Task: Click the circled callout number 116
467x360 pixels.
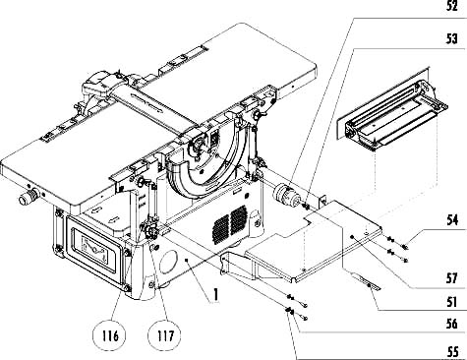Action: point(110,336)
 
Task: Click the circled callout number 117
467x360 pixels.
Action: point(165,336)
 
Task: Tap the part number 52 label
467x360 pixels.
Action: point(452,7)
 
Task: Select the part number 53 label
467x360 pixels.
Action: point(452,39)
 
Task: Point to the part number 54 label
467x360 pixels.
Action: point(452,219)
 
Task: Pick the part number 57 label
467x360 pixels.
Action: point(452,278)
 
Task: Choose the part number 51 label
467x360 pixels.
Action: point(452,301)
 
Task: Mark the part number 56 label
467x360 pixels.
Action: point(452,324)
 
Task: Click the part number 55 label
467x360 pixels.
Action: point(452,352)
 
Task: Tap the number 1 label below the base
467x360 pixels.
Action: point(215,294)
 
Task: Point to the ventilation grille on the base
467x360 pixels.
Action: point(229,224)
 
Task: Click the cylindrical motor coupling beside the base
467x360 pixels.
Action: point(285,195)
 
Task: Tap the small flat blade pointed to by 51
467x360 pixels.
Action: point(367,282)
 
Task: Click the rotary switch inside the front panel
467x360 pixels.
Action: point(95,250)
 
